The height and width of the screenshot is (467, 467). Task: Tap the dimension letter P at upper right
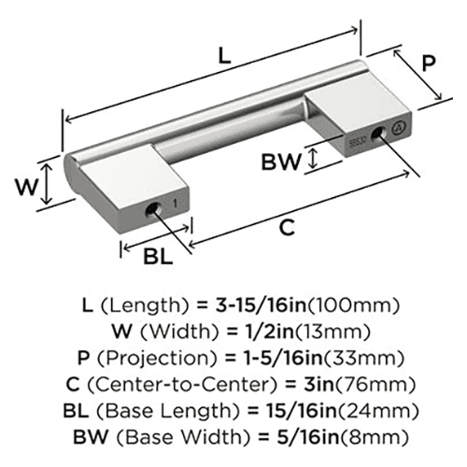[x=429, y=64]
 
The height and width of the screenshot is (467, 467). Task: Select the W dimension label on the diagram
[x=27, y=187]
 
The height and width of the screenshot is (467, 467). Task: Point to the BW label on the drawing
[x=281, y=162]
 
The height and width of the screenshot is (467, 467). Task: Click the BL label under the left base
[x=158, y=257]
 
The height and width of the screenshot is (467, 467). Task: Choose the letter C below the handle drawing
[x=287, y=228]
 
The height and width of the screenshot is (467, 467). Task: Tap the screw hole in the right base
[x=378, y=133]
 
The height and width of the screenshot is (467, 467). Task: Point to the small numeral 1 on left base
[x=176, y=204]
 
